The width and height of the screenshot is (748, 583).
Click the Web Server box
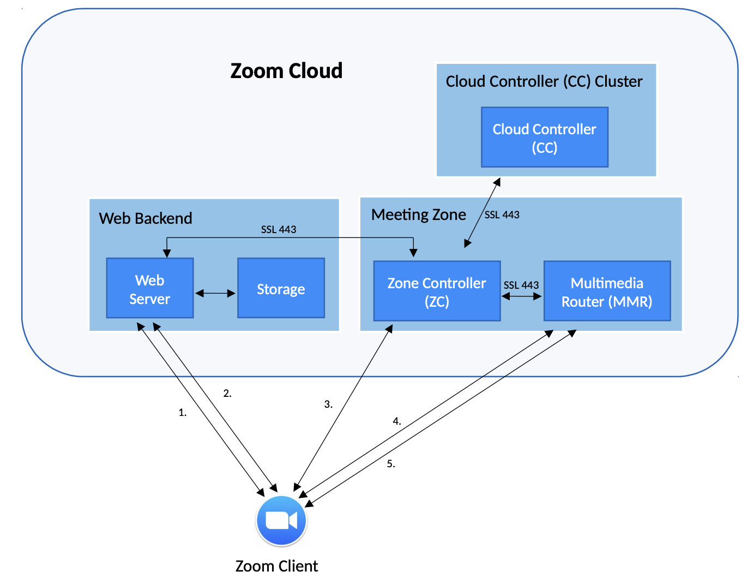click(150, 288)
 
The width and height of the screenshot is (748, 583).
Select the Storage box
click(281, 288)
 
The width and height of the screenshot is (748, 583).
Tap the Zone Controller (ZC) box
click(437, 291)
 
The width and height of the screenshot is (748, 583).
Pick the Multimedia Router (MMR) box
click(607, 291)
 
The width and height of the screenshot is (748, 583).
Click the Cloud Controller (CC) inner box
click(544, 138)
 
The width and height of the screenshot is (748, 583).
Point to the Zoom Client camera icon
click(281, 520)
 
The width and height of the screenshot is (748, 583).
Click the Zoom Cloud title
click(286, 71)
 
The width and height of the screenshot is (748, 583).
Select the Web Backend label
click(146, 218)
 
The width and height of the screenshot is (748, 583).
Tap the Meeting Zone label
click(419, 215)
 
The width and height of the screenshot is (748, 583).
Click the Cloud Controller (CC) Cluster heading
click(544, 81)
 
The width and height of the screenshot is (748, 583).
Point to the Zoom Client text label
click(276, 566)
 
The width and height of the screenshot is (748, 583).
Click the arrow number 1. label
click(183, 413)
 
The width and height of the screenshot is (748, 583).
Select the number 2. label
click(227, 393)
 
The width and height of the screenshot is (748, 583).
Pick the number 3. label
click(328, 404)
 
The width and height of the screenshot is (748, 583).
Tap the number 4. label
click(397, 421)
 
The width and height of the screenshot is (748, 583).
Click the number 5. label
click(391, 463)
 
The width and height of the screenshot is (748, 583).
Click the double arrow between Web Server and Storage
click(215, 293)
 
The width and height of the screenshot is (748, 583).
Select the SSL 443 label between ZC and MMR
click(521, 285)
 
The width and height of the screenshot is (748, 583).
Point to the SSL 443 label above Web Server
click(279, 229)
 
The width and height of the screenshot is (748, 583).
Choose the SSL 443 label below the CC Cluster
click(502, 215)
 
